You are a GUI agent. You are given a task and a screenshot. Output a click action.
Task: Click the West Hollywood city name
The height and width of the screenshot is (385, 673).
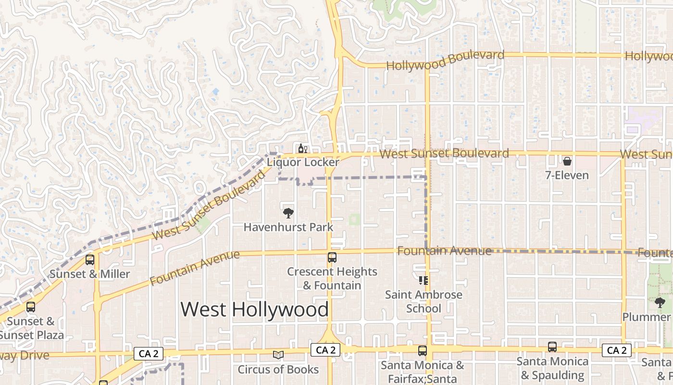tap(255, 309)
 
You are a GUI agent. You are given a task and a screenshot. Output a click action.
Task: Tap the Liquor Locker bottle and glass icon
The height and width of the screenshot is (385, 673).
tap(302, 148)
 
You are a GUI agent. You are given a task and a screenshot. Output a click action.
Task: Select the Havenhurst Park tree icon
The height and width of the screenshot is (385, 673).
tap(288, 213)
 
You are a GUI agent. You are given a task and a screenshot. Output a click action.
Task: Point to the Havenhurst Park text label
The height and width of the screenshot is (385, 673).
tap(288, 227)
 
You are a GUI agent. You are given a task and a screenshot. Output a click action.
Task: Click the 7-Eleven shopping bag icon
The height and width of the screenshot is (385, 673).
tap(567, 161)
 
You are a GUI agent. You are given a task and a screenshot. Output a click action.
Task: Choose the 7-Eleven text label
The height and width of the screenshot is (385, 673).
tap(567, 175)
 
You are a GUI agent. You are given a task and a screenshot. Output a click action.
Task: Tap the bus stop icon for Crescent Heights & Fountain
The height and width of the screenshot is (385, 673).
tap(332, 257)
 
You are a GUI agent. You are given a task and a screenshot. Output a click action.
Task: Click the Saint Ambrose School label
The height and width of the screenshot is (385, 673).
tap(424, 301)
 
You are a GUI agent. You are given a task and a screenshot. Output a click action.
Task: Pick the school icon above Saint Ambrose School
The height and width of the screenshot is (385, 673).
tap(424, 280)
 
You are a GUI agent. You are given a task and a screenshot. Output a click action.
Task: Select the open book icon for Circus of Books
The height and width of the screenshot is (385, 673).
tap(278, 355)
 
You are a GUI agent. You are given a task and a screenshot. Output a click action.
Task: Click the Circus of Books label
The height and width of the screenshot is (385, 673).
tap(278, 370)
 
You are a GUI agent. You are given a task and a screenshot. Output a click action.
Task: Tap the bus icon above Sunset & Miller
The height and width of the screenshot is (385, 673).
tap(90, 260)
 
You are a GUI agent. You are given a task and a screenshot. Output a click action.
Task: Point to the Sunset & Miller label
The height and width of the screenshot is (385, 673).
tap(90, 274)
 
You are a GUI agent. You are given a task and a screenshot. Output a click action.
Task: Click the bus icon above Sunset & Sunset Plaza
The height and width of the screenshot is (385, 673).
tap(31, 307)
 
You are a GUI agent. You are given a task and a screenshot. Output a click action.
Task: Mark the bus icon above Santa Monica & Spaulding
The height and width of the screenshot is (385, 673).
tap(552, 347)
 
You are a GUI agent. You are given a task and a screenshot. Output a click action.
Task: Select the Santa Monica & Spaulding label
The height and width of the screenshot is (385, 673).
tap(552, 368)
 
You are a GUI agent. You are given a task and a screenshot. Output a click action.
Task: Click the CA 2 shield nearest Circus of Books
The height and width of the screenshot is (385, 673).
tap(325, 350)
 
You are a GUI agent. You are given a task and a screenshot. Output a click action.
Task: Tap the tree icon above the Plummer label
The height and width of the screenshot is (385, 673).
tap(660, 303)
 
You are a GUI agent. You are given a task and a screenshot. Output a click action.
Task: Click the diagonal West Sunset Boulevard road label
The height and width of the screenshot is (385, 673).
tap(209, 205)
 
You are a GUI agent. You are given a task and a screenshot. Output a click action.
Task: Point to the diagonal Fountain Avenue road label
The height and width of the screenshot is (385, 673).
tap(194, 268)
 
